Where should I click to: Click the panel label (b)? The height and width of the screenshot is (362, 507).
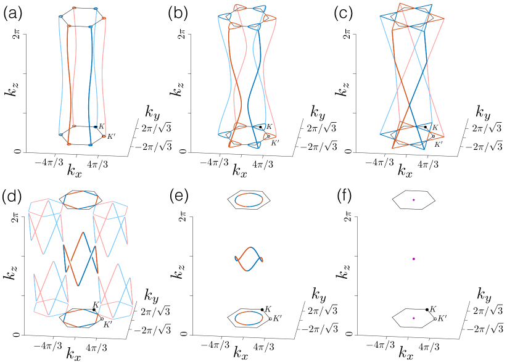(179, 11)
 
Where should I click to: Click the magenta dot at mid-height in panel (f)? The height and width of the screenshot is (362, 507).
(414, 259)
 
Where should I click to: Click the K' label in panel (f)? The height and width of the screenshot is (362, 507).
(442, 319)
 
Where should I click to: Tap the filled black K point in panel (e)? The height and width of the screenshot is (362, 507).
(262, 310)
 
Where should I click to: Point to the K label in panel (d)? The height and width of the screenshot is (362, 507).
(96, 305)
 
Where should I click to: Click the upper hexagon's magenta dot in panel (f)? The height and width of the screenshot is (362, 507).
(414, 200)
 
